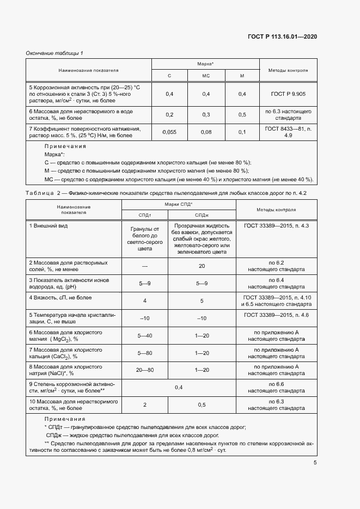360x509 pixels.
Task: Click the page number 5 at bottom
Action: point(315,463)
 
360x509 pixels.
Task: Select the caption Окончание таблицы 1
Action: point(54,53)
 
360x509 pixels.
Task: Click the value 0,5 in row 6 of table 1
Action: point(242,114)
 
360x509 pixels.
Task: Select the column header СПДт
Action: point(144,216)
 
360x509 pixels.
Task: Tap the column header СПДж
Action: point(201,216)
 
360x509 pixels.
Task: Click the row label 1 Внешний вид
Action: point(48,225)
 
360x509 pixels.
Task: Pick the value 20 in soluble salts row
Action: point(202,266)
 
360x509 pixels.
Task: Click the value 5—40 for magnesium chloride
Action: point(144,335)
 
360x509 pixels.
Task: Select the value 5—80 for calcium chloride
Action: point(144,353)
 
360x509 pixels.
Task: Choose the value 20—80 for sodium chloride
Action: point(144,370)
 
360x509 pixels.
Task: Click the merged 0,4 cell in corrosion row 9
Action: point(179,387)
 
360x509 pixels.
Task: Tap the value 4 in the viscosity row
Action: point(144,301)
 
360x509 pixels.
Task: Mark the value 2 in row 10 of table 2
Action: point(144,404)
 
